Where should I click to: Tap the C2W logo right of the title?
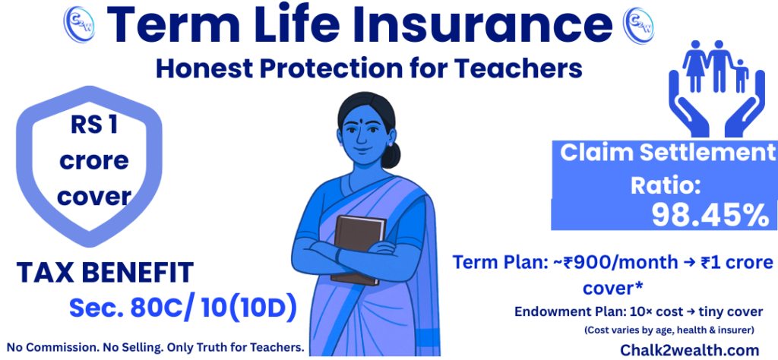coord(637,25)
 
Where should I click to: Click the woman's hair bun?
coord(391,155)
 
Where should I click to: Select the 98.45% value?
coord(710,216)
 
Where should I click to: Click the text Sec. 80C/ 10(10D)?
coord(182,308)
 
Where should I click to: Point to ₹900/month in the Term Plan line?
coord(616,263)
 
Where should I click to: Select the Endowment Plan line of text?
coord(638,311)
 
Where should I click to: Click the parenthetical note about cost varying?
coord(669,330)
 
